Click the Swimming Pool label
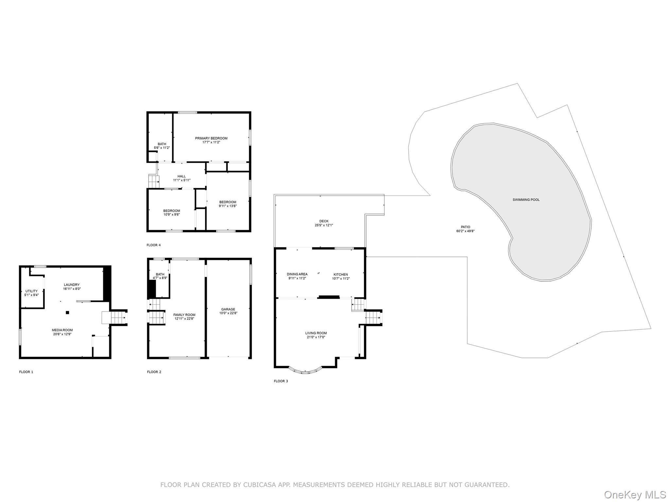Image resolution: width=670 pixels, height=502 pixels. [526, 200]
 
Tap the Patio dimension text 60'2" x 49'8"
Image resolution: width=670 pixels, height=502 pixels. [465, 231]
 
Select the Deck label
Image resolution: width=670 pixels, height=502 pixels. [324, 221]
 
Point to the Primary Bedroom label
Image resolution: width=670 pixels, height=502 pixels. [211, 138]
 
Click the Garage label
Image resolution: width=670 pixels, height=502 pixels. [228, 309]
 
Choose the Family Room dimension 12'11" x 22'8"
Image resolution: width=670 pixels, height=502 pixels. [184, 319]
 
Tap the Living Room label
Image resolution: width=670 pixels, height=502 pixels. [316, 333]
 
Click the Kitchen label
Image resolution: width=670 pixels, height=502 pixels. [341, 275]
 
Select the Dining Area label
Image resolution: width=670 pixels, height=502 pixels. [297, 274]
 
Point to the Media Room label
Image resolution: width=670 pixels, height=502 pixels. [62, 330]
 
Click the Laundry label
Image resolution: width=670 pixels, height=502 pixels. [72, 285]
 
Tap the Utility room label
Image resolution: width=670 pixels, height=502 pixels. [31, 291]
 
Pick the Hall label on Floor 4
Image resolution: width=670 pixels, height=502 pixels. [182, 176]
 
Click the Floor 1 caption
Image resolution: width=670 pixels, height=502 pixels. [26, 372]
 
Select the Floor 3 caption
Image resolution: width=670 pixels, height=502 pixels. [281, 381]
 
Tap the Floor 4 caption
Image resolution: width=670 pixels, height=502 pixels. [153, 245]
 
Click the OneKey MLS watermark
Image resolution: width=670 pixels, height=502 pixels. [635, 494]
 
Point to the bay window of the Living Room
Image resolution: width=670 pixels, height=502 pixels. [305, 371]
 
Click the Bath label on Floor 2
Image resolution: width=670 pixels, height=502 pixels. [160, 274]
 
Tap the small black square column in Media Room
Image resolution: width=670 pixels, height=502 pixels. [67, 312]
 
